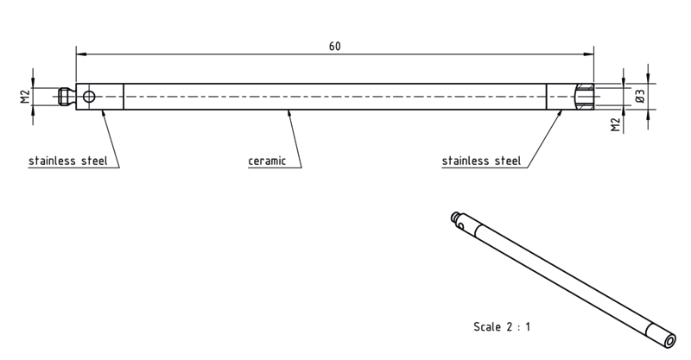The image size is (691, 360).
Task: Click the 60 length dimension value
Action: click(x=334, y=47)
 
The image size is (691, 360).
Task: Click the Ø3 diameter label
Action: click(x=640, y=96)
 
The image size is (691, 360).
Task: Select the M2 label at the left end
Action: click(x=25, y=97)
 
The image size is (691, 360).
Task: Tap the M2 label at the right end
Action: click(x=616, y=124)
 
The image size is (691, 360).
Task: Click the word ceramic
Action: click(x=267, y=161)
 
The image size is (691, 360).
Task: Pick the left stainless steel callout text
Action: click(x=68, y=161)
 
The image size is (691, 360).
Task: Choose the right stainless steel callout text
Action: click(x=481, y=161)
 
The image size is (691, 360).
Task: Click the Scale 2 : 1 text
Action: click(x=502, y=327)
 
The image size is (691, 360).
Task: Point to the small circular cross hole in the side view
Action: click(x=89, y=97)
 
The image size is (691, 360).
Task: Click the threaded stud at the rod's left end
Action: click(x=67, y=97)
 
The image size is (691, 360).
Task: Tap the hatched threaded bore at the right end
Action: click(x=586, y=97)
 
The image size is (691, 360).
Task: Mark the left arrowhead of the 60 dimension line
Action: click(x=81, y=54)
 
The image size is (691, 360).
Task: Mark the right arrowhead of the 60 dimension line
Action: click(x=588, y=54)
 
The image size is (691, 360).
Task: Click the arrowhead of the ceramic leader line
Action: click(x=289, y=114)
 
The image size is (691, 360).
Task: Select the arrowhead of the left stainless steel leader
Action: click(x=104, y=114)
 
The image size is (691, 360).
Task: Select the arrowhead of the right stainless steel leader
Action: click(x=560, y=114)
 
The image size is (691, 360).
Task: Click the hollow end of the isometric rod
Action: click(x=670, y=341)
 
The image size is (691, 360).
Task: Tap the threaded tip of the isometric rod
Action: click(x=455, y=217)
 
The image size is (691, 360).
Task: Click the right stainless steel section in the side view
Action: click(x=570, y=97)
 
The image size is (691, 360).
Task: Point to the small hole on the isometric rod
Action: click(x=461, y=226)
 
